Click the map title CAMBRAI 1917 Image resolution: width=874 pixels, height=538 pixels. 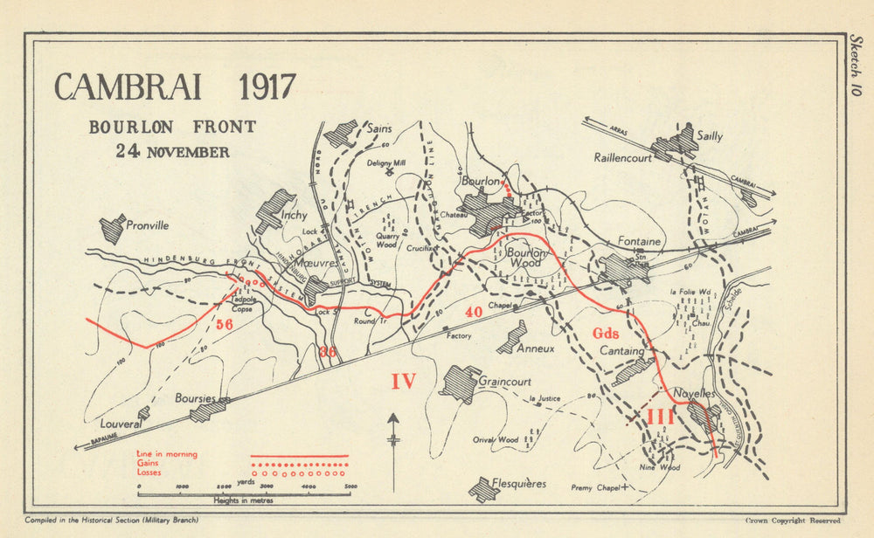[175, 87]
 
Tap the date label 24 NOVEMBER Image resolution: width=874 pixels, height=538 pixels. [173, 151]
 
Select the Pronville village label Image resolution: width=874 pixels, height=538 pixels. [147, 224]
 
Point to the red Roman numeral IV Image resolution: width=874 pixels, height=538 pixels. [402, 381]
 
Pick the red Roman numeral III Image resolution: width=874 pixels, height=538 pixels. [660, 417]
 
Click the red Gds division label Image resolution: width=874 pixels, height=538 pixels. [605, 333]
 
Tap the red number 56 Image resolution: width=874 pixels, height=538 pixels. [225, 323]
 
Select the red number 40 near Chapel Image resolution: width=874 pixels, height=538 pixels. [474, 312]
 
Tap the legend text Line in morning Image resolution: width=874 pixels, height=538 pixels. [166, 454]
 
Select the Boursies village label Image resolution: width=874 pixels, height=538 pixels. [194, 397]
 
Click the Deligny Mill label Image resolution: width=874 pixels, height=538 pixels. [385, 162]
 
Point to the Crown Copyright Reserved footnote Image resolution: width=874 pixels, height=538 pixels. [793, 521]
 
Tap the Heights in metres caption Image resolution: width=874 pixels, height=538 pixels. [244, 500]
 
